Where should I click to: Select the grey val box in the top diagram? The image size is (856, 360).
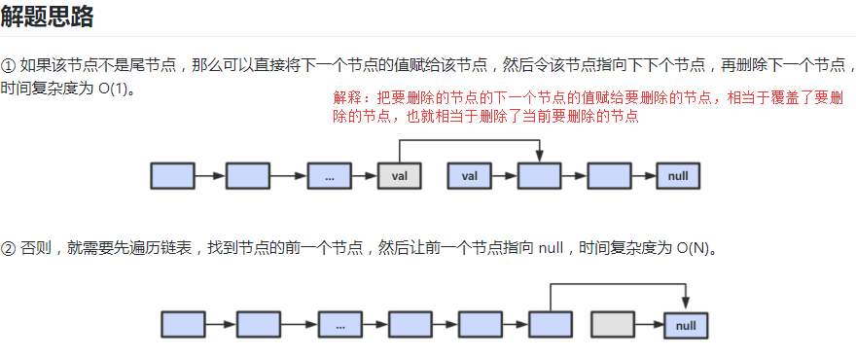pos(399,176)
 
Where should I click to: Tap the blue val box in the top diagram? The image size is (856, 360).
pos(469,176)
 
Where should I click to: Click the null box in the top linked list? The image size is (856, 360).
pos(679,176)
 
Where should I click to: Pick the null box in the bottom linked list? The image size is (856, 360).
pos(686,325)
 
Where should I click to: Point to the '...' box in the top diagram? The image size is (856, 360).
pos(329,176)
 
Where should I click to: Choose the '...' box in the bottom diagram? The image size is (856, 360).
pos(339,325)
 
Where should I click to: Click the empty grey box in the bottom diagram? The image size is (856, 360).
pos(613,325)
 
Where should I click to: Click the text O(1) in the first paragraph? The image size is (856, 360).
pos(113,89)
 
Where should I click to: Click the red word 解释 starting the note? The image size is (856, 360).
pos(345,99)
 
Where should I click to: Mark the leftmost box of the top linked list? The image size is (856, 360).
pos(172,176)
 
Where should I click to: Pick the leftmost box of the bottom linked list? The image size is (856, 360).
pos(183,325)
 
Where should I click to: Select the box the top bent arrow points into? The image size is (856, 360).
pos(539,176)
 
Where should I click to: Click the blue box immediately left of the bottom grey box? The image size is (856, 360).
pos(551,325)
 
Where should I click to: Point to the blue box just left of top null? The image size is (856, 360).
pos(609,176)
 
